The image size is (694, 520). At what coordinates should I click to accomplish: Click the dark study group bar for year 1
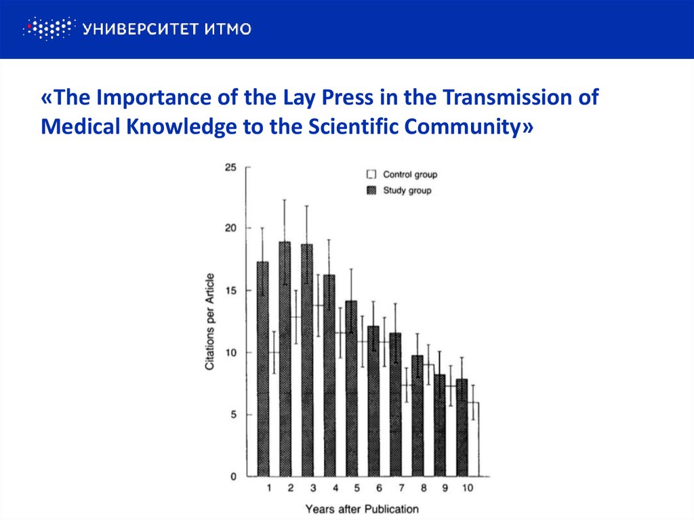pos(263,369)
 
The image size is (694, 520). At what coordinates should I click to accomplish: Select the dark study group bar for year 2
pos(285,359)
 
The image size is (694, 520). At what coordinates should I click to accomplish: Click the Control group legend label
pos(410,175)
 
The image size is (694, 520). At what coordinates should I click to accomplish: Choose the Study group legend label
pos(407,191)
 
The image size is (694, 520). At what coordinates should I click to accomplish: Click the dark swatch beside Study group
pos(371,191)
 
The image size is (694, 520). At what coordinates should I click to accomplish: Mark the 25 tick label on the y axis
pos(230,166)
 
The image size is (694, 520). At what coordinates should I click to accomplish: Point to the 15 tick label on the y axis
pos(230,291)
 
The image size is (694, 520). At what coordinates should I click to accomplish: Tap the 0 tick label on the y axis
pos(232,477)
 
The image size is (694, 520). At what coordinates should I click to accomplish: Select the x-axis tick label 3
pos(312,489)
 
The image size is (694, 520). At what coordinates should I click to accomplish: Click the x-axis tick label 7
pos(401,489)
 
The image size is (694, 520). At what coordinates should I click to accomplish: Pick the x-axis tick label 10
pos(467,489)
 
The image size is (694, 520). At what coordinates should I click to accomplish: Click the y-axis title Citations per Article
pos(210,321)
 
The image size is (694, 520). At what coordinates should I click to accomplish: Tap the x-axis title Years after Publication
pos(362,508)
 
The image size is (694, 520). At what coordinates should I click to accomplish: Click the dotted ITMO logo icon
pos(47,28)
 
